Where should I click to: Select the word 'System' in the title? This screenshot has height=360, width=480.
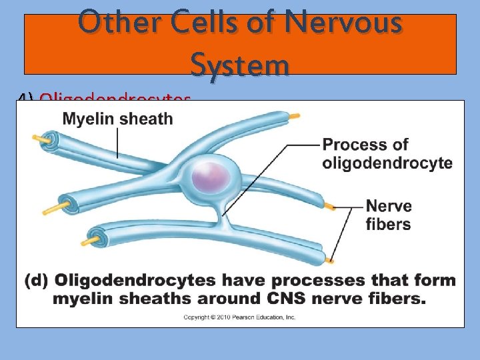tap(240, 65)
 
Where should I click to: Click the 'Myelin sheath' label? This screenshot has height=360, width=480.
tap(117, 119)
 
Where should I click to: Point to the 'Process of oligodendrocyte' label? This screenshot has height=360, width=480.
tap(387, 153)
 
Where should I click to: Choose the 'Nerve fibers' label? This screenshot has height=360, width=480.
tap(389, 215)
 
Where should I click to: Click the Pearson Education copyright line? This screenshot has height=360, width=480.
tap(239, 317)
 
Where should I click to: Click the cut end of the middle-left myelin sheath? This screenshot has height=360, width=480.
tap(67, 199)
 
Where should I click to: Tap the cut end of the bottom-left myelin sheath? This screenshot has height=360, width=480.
tap(95, 237)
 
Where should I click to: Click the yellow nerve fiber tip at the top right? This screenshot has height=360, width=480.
tap(293, 116)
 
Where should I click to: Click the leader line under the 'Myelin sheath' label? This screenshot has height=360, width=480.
tap(118, 143)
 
